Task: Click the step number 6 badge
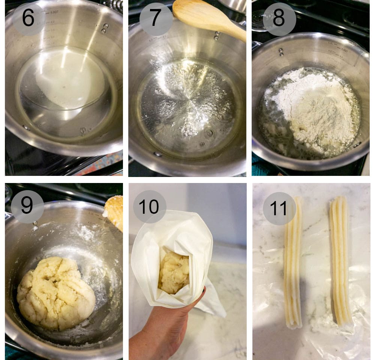[x=28, y=19]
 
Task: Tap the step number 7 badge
[x=156, y=19]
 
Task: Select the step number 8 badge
[x=279, y=19]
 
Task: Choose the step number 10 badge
[x=150, y=206]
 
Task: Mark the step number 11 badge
[x=279, y=208]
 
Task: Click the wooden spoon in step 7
[x=208, y=18]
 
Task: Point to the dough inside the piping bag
[x=174, y=273]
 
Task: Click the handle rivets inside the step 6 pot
[x=105, y=28]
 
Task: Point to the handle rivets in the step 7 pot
[x=217, y=35]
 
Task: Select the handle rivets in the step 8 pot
[x=281, y=52]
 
